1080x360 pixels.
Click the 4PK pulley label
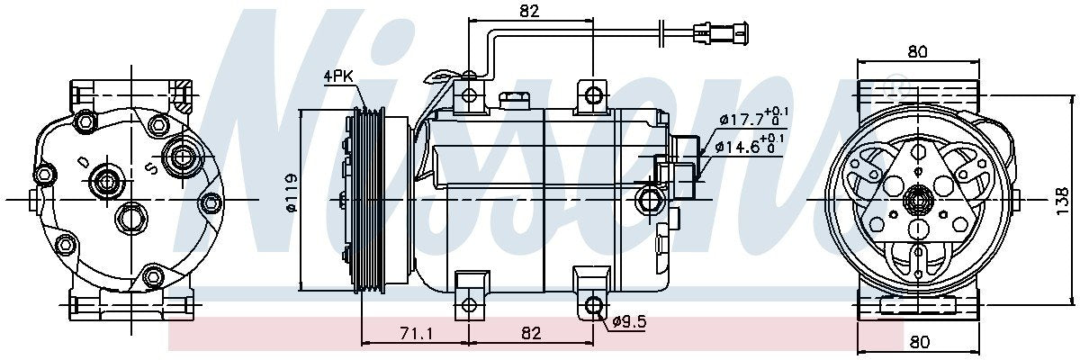338,77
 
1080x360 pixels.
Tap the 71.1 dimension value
415,334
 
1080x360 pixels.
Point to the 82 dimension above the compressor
529,12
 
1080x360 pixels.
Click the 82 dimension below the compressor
531,334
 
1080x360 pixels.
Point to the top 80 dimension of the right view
917,52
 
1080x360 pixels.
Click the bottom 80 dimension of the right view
917,341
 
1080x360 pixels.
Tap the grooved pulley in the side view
369,199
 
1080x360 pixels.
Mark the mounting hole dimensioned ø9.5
594,306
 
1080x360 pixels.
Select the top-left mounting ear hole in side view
469,95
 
